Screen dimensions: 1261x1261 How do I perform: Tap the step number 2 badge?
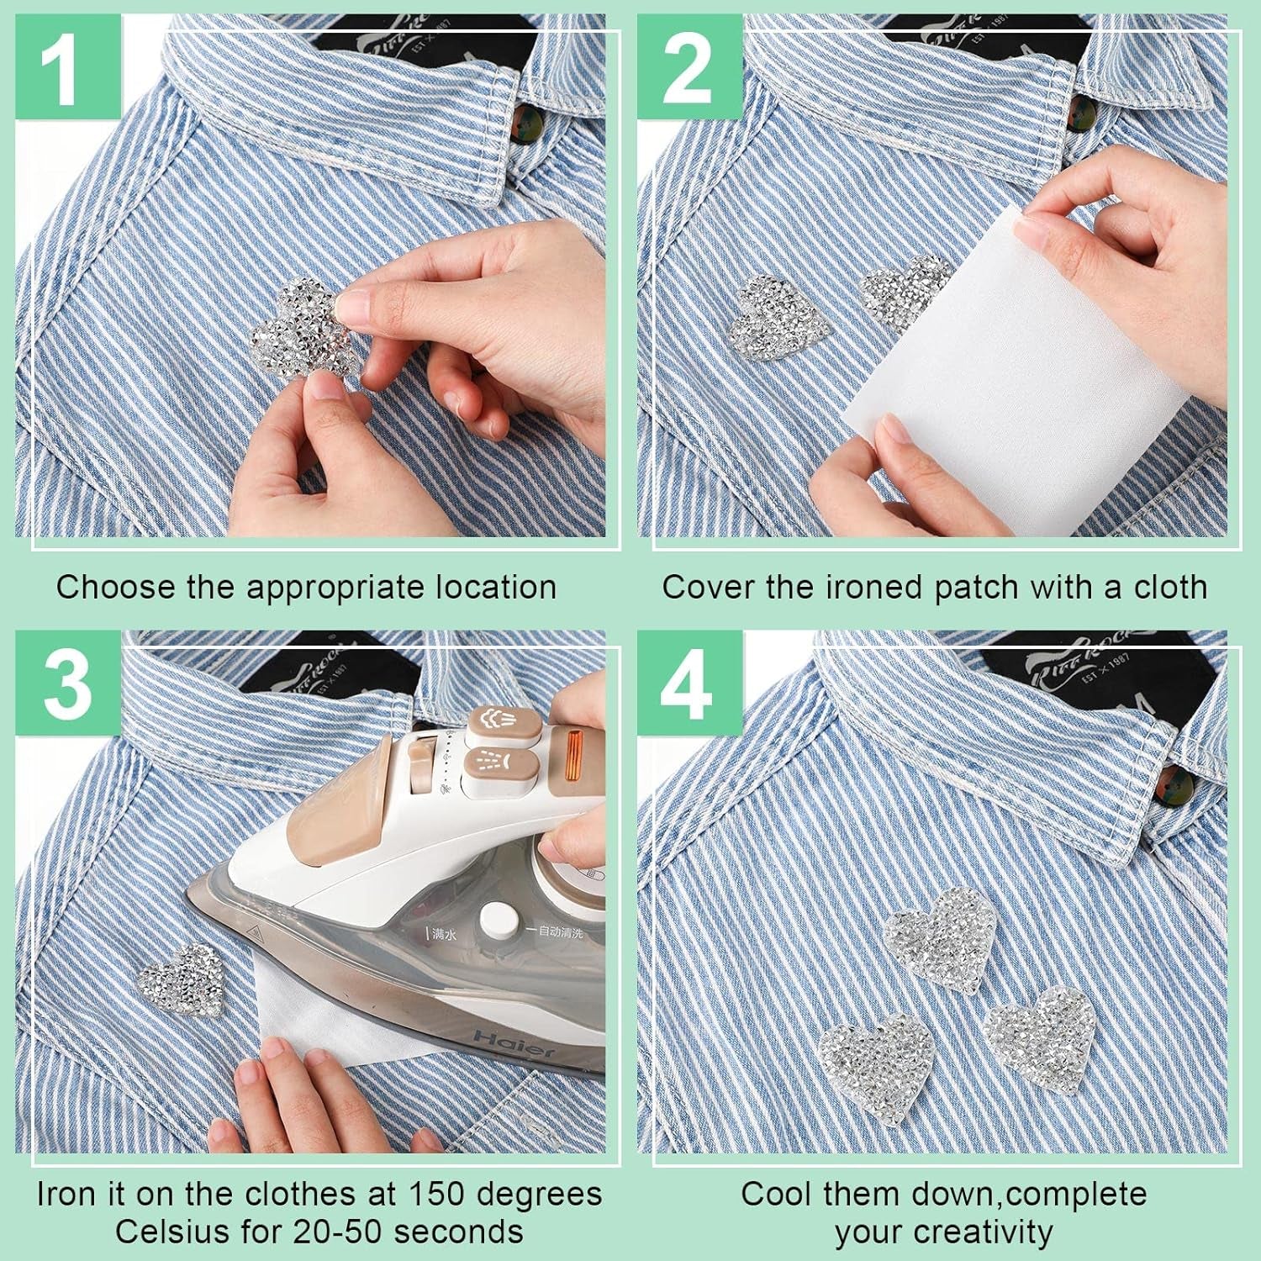point(689,69)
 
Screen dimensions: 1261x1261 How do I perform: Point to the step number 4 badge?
point(689,683)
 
